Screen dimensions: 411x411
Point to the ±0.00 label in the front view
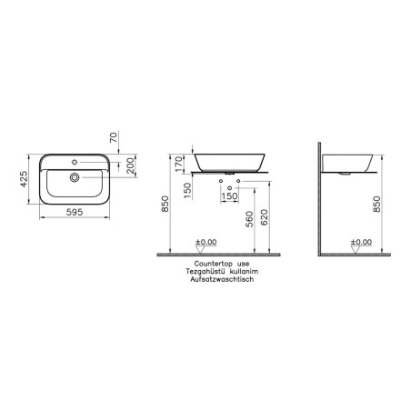(205, 242)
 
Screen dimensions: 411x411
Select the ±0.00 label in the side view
(361, 242)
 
